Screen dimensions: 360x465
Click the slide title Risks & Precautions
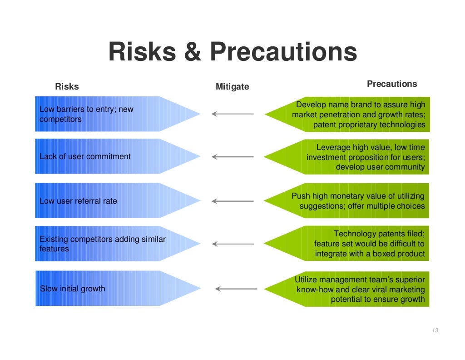[232, 52]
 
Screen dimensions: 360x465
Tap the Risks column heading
[67, 86]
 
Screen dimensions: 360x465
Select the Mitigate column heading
[232, 86]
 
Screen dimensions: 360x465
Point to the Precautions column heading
[391, 84]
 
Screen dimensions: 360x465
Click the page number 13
[435, 330]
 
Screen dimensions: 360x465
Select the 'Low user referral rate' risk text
[78, 201]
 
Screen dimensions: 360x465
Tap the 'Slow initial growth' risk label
[73, 289]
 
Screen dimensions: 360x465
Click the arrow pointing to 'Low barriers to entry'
[232, 114]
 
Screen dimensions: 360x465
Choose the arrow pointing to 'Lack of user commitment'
[232, 157]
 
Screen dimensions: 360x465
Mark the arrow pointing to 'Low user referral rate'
[232, 201]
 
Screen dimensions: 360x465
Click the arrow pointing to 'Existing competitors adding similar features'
[232, 244]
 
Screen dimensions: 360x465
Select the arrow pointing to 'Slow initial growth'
[236, 289]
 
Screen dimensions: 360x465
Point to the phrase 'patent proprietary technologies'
[369, 125]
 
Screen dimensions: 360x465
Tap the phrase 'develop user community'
[380, 167]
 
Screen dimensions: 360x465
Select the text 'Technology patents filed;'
[379, 234]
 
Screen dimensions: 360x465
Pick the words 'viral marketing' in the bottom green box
[397, 290]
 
